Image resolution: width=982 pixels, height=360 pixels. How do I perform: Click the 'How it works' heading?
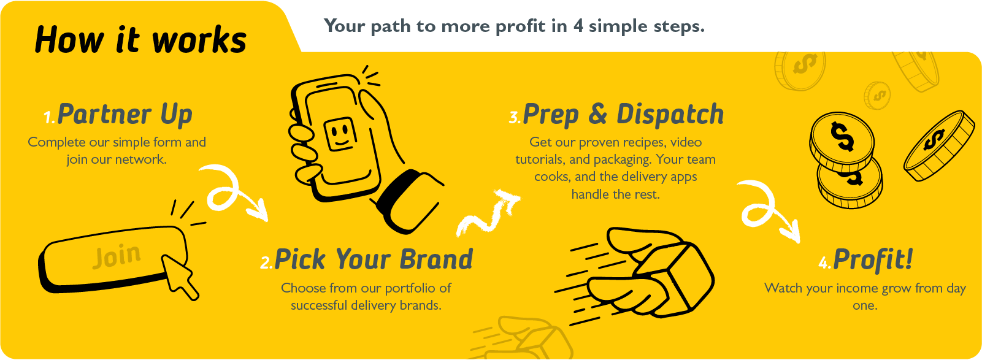[x=140, y=40]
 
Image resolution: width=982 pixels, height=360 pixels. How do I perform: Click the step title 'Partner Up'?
[x=125, y=114]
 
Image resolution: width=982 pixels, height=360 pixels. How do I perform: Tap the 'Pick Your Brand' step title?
[x=374, y=259]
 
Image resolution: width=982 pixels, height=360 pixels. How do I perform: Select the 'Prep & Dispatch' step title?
[x=623, y=114]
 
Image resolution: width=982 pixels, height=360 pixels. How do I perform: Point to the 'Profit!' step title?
[x=873, y=259]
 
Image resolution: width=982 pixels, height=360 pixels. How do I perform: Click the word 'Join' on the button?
[x=117, y=256]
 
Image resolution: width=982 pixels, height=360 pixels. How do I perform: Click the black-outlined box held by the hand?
[x=671, y=276]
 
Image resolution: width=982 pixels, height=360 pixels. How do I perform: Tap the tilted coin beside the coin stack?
[x=934, y=145]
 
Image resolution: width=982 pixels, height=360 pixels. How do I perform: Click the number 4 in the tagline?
[x=578, y=26]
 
